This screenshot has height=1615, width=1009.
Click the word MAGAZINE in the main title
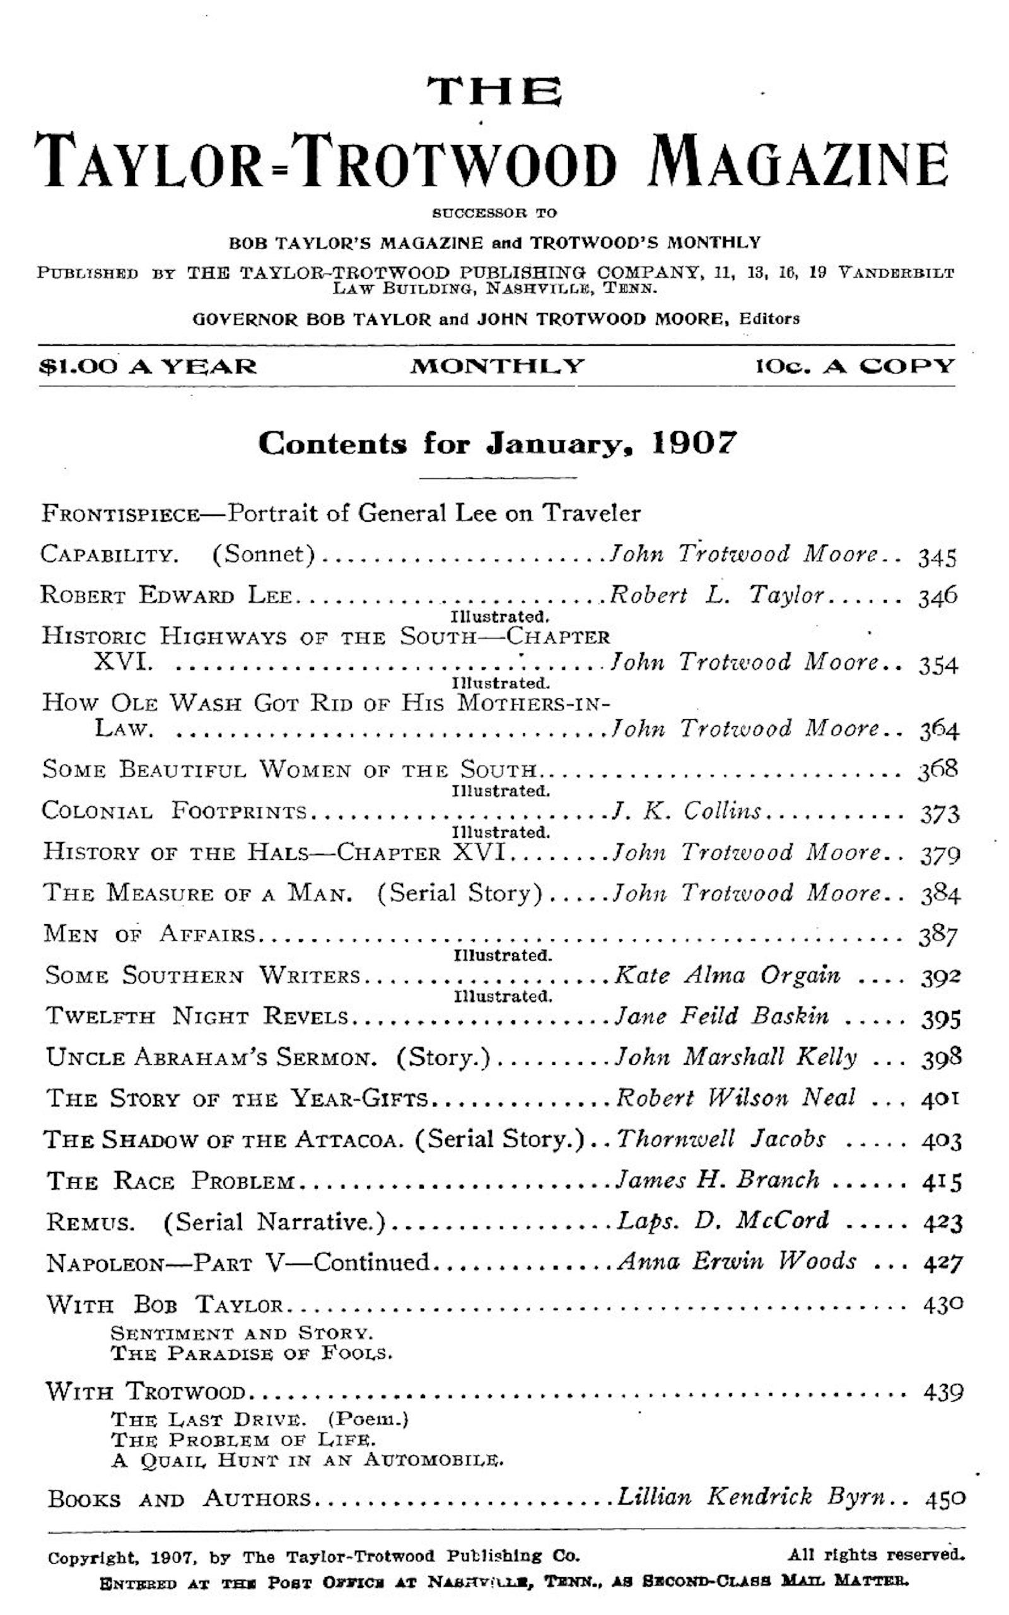tap(798, 161)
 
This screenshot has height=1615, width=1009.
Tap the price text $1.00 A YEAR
tap(148, 367)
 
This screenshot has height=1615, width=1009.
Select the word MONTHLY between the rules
tap(497, 367)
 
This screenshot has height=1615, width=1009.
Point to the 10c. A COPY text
tap(855, 367)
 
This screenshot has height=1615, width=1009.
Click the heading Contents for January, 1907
tap(497, 443)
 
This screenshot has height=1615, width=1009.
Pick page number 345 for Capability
tap(937, 557)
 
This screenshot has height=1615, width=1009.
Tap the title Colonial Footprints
tap(174, 811)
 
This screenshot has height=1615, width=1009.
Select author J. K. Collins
tap(687, 811)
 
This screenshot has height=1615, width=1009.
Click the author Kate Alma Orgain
tap(726, 977)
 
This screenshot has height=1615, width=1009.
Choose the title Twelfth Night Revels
tap(197, 1017)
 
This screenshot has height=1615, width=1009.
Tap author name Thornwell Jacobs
tap(721, 1139)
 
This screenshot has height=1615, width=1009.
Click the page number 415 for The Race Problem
tap(942, 1182)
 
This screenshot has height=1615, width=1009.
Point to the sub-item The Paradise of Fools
tap(252, 1354)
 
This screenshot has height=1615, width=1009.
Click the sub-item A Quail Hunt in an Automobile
tap(307, 1460)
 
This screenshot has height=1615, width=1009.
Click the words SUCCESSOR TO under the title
tap(494, 214)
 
